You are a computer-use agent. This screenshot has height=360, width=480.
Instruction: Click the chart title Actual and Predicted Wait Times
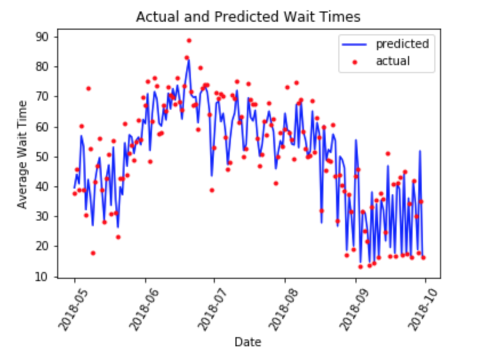point(248,17)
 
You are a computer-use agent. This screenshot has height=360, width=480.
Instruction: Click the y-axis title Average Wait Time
point(22,154)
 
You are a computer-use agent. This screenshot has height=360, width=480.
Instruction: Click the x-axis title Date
point(247,342)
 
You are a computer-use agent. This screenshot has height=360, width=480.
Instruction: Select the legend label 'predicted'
point(402,43)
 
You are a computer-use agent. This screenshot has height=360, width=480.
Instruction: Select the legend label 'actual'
point(393,61)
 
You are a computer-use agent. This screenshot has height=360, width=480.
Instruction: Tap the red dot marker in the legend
point(354,62)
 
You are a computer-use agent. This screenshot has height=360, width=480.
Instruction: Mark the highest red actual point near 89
point(189,41)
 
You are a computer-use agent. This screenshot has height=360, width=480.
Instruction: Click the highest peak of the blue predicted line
point(189,59)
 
